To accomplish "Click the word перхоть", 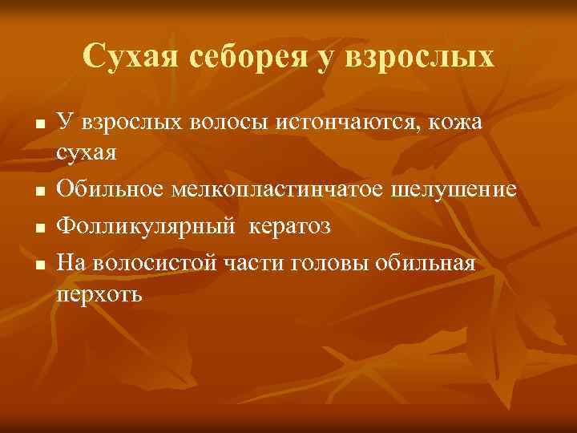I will (99, 294).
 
